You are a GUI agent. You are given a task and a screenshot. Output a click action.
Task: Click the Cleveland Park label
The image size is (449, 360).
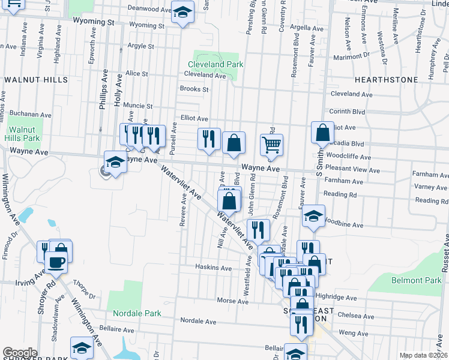coord(215,64)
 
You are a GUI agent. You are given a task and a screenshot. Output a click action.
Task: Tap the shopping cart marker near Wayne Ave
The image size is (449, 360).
coord(271,145)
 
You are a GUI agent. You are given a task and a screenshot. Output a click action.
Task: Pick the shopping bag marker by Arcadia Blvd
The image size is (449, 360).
coord(322,133)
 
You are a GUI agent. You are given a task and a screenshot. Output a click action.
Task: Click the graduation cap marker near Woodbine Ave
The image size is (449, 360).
coord(313,216)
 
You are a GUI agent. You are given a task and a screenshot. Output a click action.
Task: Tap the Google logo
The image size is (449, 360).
coord(20,352)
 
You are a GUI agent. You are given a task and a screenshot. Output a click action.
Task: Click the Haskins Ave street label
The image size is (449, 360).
coord(213,268)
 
